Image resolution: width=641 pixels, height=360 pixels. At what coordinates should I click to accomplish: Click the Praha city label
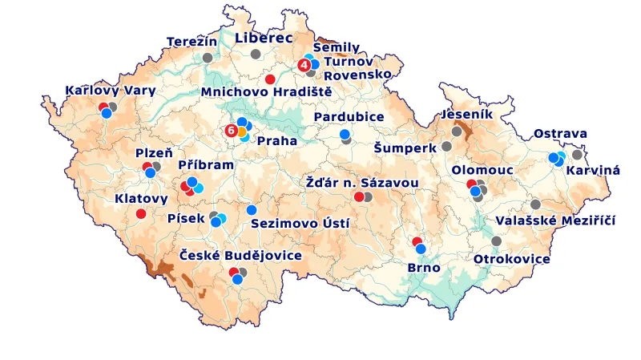[276, 140]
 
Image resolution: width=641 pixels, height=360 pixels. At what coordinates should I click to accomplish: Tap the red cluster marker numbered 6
[232, 129]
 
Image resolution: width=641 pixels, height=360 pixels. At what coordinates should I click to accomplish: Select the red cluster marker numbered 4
[304, 64]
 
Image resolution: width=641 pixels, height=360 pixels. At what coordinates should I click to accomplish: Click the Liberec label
[264, 37]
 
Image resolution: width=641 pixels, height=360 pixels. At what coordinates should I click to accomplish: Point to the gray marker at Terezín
[208, 58]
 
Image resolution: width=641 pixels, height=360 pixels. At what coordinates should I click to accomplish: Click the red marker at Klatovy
[141, 213]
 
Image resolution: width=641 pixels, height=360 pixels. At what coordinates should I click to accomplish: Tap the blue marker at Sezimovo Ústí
[252, 210]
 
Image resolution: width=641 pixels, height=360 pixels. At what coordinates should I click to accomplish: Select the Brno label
[424, 267]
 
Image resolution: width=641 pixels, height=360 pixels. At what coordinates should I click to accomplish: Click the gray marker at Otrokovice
[496, 241]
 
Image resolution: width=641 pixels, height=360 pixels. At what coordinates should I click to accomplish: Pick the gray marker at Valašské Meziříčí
[535, 204]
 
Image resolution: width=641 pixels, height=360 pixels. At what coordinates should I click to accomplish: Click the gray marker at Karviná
[577, 155]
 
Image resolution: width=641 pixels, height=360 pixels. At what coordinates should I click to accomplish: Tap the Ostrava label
[561, 133]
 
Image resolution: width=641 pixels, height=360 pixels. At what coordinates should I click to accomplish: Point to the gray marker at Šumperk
[446, 147]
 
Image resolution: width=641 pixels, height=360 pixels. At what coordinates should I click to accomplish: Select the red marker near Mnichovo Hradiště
[270, 79]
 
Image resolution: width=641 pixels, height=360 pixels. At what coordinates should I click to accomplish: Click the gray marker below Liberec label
[256, 54]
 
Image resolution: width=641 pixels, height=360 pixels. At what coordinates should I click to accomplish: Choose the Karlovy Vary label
[110, 90]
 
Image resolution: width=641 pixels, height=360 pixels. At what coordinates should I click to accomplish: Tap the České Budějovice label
[240, 255]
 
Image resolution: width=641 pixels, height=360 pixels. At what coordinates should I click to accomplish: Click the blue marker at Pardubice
[345, 134]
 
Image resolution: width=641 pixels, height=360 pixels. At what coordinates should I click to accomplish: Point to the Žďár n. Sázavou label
[362, 182]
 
